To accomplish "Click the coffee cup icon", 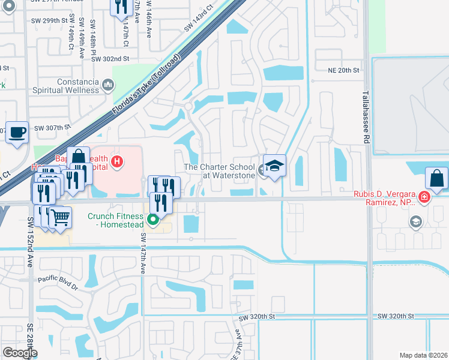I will click(x=17, y=131).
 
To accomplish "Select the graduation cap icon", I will click(x=274, y=166).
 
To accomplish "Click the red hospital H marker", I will click(x=118, y=161).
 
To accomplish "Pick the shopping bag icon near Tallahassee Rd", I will click(x=436, y=178).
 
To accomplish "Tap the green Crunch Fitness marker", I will click(x=153, y=220).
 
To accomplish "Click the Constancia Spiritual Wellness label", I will click(x=77, y=86).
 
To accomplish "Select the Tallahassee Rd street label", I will click(x=366, y=118).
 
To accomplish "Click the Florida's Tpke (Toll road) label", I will click(x=146, y=87).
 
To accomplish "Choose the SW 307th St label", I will click(x=52, y=127).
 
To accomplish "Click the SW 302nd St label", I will click(x=111, y=58).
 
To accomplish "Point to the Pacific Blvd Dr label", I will click(x=58, y=279).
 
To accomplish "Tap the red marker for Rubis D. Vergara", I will click(x=424, y=197).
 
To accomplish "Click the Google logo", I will click(x=20, y=353).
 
